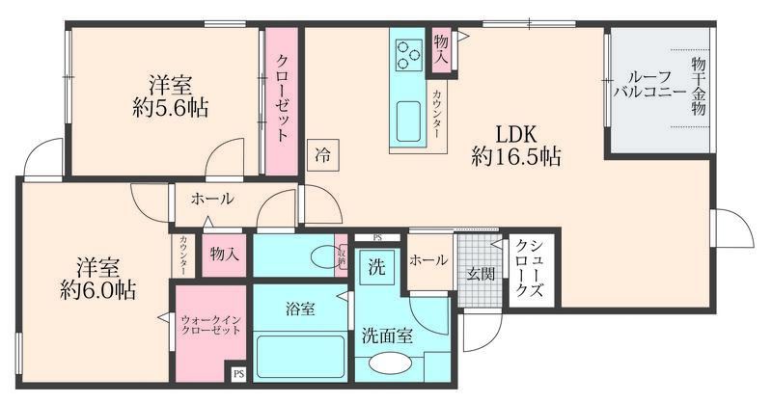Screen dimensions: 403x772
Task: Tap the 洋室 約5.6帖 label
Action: (x=170, y=95)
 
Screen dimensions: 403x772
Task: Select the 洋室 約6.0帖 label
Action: (x=94, y=276)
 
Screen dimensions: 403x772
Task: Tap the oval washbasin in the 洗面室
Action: (x=391, y=365)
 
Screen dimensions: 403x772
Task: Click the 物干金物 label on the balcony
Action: (x=698, y=87)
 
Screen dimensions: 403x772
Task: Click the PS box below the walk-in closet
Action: (x=238, y=372)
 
